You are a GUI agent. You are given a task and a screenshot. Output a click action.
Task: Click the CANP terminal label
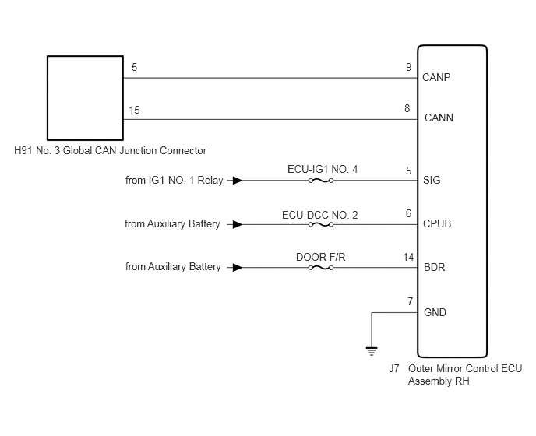pyautogui.click(x=436, y=77)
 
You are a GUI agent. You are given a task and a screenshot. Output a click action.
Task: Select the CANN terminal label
pyautogui.click(x=439, y=118)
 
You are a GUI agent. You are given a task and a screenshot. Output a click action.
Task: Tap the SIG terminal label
pyautogui.click(x=432, y=180)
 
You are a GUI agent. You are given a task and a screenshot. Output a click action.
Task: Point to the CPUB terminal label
pyautogui.click(x=437, y=223)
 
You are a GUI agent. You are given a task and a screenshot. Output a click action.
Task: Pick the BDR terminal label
pyautogui.click(x=434, y=267)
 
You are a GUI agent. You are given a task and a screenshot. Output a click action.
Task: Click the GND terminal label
pyautogui.click(x=435, y=312)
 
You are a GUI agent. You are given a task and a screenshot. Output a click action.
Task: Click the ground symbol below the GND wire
pyautogui.click(x=372, y=351)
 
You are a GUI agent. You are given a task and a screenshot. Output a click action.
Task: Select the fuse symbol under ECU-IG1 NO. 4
pyautogui.click(x=321, y=181)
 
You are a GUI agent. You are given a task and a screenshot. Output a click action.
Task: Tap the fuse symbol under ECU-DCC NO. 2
pyautogui.click(x=321, y=224)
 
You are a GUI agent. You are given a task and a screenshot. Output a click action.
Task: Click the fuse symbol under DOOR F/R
pyautogui.click(x=321, y=268)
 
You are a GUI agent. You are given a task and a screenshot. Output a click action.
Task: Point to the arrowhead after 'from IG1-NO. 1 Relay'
pyautogui.click(x=238, y=181)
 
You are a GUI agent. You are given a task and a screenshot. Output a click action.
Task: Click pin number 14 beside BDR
pyautogui.click(x=408, y=257)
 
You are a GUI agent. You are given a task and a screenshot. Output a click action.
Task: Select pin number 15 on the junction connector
pyautogui.click(x=134, y=110)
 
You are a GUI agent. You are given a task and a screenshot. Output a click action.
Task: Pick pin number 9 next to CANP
pyautogui.click(x=408, y=67)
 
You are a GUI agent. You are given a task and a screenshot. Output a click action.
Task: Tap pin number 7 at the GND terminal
pyautogui.click(x=410, y=301)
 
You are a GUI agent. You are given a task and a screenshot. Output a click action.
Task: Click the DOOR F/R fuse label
pyautogui.click(x=321, y=257)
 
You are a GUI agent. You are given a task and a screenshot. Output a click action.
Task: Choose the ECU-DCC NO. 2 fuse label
pyautogui.click(x=320, y=215)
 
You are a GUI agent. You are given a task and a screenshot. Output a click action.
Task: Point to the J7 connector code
pyautogui.click(x=393, y=368)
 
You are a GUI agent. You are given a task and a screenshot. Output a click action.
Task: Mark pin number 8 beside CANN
pyautogui.click(x=407, y=108)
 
